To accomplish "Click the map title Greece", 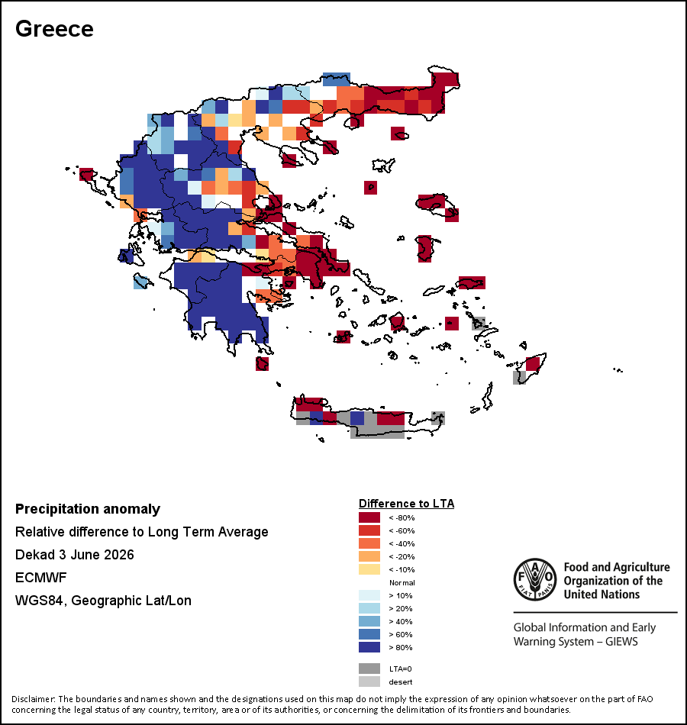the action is point(55,29).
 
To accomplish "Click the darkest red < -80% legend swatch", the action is point(369,517).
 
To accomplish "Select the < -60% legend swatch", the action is point(369,530).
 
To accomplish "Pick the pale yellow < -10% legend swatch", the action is point(369,569).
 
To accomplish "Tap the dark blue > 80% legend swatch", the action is point(369,647).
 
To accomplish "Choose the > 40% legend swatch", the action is point(369,621).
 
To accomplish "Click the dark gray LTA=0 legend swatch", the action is point(369,669).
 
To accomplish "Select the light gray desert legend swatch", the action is point(369,681).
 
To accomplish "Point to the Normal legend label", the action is point(402,582).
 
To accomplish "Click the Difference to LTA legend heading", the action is point(406,504).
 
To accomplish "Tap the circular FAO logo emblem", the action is point(535,580).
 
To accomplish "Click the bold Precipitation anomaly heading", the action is point(88,509).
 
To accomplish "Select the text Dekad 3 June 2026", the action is point(75,555).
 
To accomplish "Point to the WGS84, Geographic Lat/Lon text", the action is point(103,601).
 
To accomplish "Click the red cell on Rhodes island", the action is point(533,364).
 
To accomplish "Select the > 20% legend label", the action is point(401,608).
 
